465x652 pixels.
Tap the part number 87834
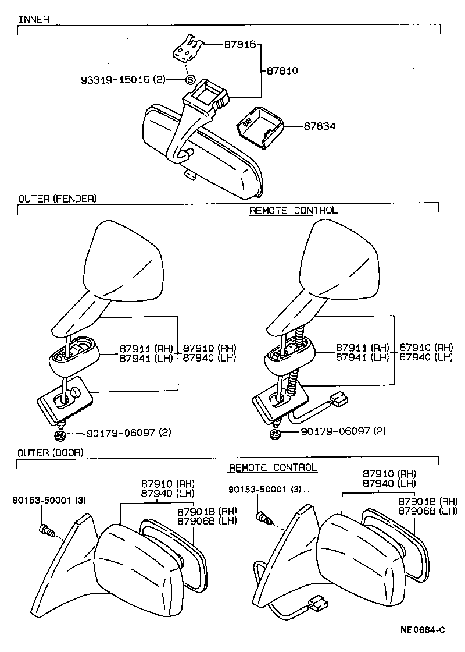(x=319, y=126)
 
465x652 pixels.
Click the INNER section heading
(x=33, y=19)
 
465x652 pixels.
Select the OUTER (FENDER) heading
(x=57, y=199)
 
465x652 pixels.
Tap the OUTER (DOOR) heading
(x=51, y=452)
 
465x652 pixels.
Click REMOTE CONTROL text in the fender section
(x=293, y=210)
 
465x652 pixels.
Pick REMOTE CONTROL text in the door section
(x=273, y=467)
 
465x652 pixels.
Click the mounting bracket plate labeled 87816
(x=187, y=48)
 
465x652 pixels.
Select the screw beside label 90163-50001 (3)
(x=46, y=530)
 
